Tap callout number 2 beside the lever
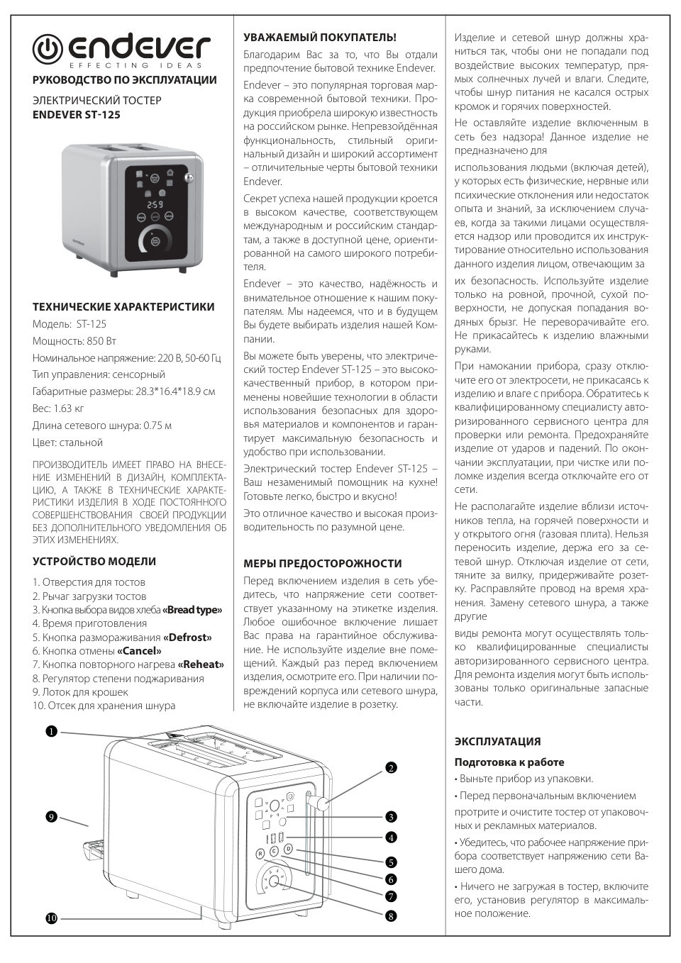tap(391, 767)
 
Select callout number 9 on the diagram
tap(51, 817)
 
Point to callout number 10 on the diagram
tap(51, 918)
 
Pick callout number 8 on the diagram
tap(391, 916)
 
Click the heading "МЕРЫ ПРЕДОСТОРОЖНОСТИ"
tap(323, 563)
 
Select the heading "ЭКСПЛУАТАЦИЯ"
tap(497, 742)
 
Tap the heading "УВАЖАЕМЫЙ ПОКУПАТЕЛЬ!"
tap(320, 37)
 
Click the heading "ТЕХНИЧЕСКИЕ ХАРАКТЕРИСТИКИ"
tap(123, 307)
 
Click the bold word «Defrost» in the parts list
tap(187, 638)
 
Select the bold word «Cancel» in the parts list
tap(139, 651)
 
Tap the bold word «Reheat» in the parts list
tap(201, 664)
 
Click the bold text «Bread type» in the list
tap(192, 610)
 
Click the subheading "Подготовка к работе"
tap(509, 762)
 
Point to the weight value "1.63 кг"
tap(69, 408)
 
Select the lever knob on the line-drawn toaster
tap(323, 803)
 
